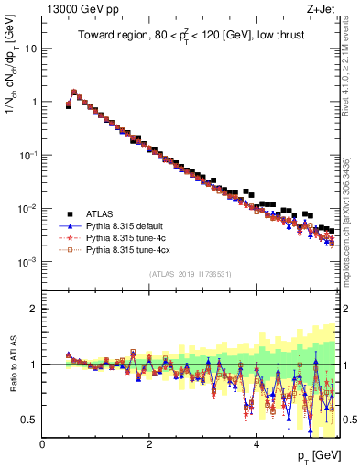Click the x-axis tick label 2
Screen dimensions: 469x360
(149, 443)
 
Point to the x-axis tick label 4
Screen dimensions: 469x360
(256, 443)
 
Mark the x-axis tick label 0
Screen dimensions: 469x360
(42, 443)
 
